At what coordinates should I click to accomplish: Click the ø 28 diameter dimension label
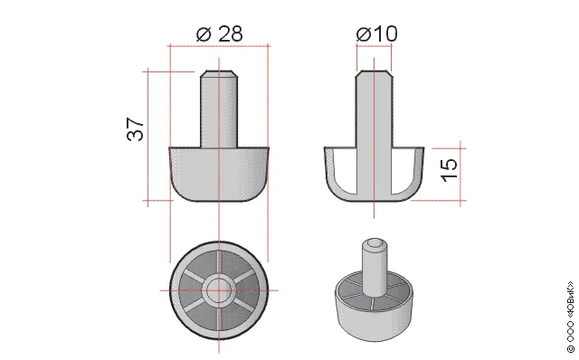pos(219,34)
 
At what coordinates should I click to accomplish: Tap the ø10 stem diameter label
pos(376,34)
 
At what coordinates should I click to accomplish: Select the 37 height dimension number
pos(136,129)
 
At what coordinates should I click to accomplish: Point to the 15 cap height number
pos(450,170)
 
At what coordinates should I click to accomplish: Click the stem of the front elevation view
pos(219,109)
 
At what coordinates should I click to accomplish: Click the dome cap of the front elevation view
pos(219,174)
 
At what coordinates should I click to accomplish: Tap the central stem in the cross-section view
pos(374,133)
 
